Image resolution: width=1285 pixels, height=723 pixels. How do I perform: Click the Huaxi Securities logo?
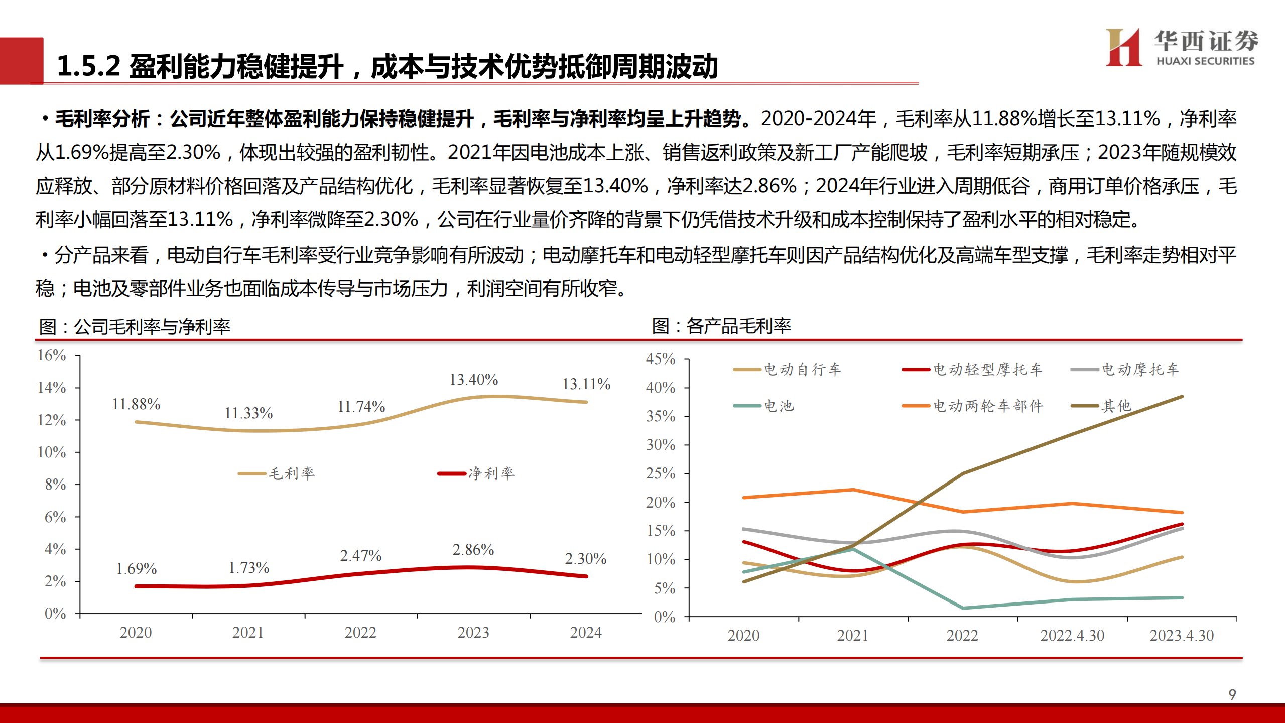point(1181,47)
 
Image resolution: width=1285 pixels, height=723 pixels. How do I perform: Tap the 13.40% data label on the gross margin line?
point(473,380)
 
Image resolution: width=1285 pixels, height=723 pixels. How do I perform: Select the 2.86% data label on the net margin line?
point(473,550)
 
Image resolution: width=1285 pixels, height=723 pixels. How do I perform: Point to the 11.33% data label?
point(248,413)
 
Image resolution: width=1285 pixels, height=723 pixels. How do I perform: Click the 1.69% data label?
point(136,569)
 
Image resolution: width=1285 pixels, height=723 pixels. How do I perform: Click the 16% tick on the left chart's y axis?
point(52,355)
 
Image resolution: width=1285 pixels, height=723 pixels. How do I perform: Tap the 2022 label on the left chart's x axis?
point(360,633)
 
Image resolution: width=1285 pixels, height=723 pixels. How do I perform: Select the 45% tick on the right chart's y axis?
point(660,359)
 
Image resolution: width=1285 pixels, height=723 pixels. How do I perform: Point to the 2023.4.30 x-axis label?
point(1182,636)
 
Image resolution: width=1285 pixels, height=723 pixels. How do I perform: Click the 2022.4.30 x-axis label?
point(1072,636)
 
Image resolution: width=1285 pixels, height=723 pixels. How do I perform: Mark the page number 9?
point(1232,695)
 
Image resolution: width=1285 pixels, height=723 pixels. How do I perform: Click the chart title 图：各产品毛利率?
point(721,326)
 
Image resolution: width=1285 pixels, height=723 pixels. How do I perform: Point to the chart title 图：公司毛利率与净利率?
point(135,327)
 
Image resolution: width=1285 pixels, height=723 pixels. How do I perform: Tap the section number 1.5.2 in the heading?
point(88,66)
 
